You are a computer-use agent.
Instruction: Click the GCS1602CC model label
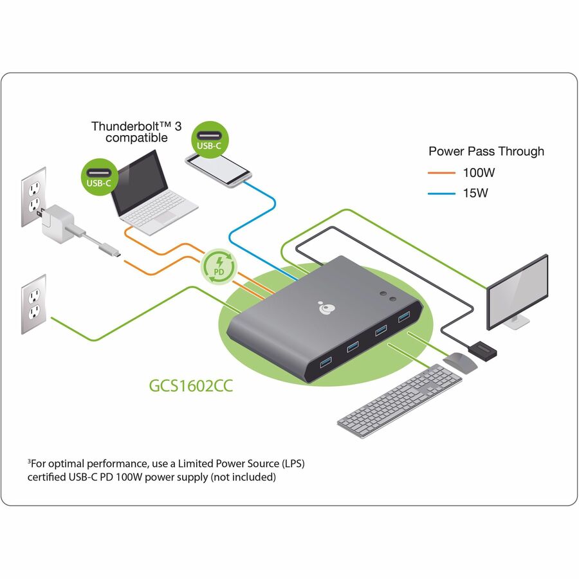pyautogui.click(x=190, y=388)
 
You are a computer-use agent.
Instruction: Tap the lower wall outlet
pyautogui.click(x=33, y=304)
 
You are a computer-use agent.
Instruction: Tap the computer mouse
pyautogui.click(x=460, y=362)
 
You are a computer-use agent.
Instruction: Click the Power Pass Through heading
pyautogui.click(x=486, y=151)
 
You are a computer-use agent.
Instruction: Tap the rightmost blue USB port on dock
pyautogui.click(x=404, y=317)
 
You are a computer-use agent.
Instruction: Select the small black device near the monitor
pyautogui.click(x=482, y=351)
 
